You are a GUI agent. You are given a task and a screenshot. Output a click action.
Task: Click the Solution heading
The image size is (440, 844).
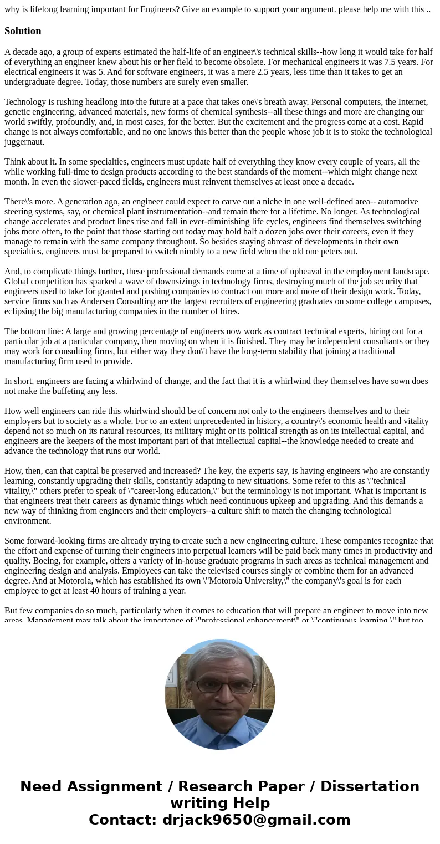(x=23, y=31)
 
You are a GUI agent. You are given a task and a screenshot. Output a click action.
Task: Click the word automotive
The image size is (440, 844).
(x=385, y=202)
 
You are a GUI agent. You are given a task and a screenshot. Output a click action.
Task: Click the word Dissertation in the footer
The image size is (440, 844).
(x=370, y=787)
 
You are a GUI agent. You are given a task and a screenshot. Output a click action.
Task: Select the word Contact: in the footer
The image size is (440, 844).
(x=122, y=820)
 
